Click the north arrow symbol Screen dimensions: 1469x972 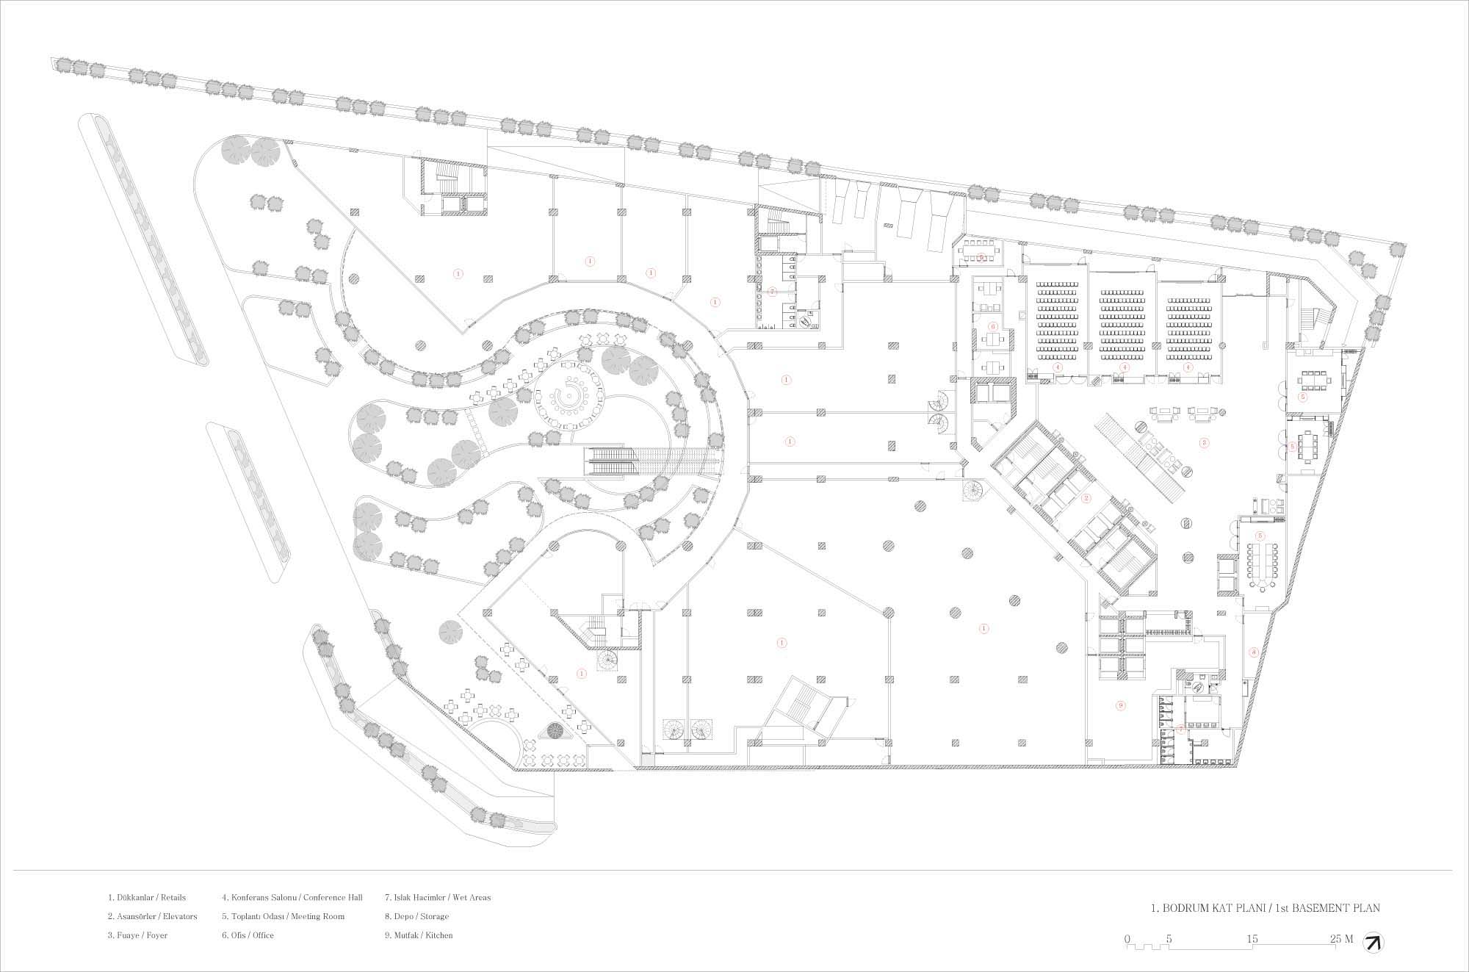1371,943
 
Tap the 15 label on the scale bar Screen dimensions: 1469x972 1252,938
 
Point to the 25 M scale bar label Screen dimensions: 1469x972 1341,938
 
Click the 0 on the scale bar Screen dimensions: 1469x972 1127,938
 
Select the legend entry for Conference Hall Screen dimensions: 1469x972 292,897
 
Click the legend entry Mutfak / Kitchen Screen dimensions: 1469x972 419,935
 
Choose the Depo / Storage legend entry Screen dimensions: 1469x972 416,916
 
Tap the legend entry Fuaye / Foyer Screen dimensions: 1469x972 137,935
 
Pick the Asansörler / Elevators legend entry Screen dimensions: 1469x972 152,916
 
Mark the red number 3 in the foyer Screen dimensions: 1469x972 1203,442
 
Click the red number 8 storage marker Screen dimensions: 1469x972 1253,652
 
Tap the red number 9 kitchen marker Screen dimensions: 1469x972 1120,705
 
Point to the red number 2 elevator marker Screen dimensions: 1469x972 1086,497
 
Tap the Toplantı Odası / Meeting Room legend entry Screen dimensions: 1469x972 283,916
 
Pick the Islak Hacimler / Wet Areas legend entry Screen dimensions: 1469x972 438,897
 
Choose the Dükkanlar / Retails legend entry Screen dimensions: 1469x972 147,897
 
